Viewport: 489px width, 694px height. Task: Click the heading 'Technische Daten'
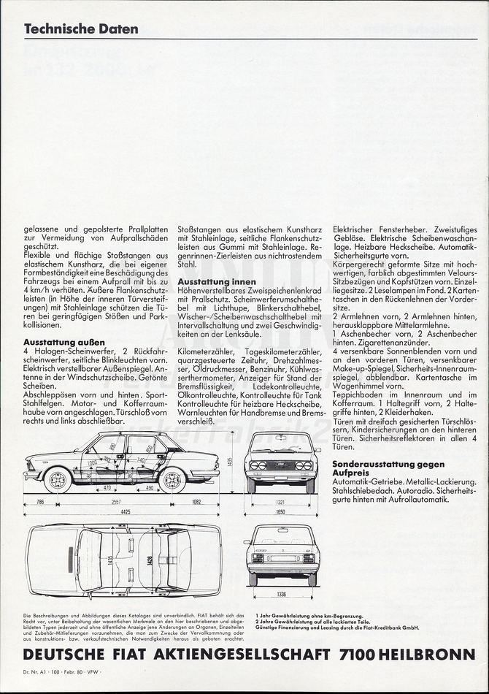[x=81, y=29]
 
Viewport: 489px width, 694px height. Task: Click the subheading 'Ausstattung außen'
[x=64, y=342]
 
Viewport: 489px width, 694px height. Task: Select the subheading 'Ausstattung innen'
[x=217, y=281]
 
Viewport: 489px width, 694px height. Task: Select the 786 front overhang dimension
[x=40, y=503]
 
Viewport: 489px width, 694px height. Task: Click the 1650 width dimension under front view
[x=281, y=511]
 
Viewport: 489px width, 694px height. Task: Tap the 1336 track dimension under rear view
[x=281, y=595]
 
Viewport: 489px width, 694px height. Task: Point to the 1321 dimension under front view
[x=281, y=503]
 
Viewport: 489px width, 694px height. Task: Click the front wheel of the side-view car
[x=58, y=480]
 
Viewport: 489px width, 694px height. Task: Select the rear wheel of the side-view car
[x=172, y=480]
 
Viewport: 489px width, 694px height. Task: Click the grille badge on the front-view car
[x=281, y=465]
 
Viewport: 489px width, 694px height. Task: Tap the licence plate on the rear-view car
[x=281, y=557]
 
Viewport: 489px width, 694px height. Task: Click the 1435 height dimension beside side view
[x=229, y=462]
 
